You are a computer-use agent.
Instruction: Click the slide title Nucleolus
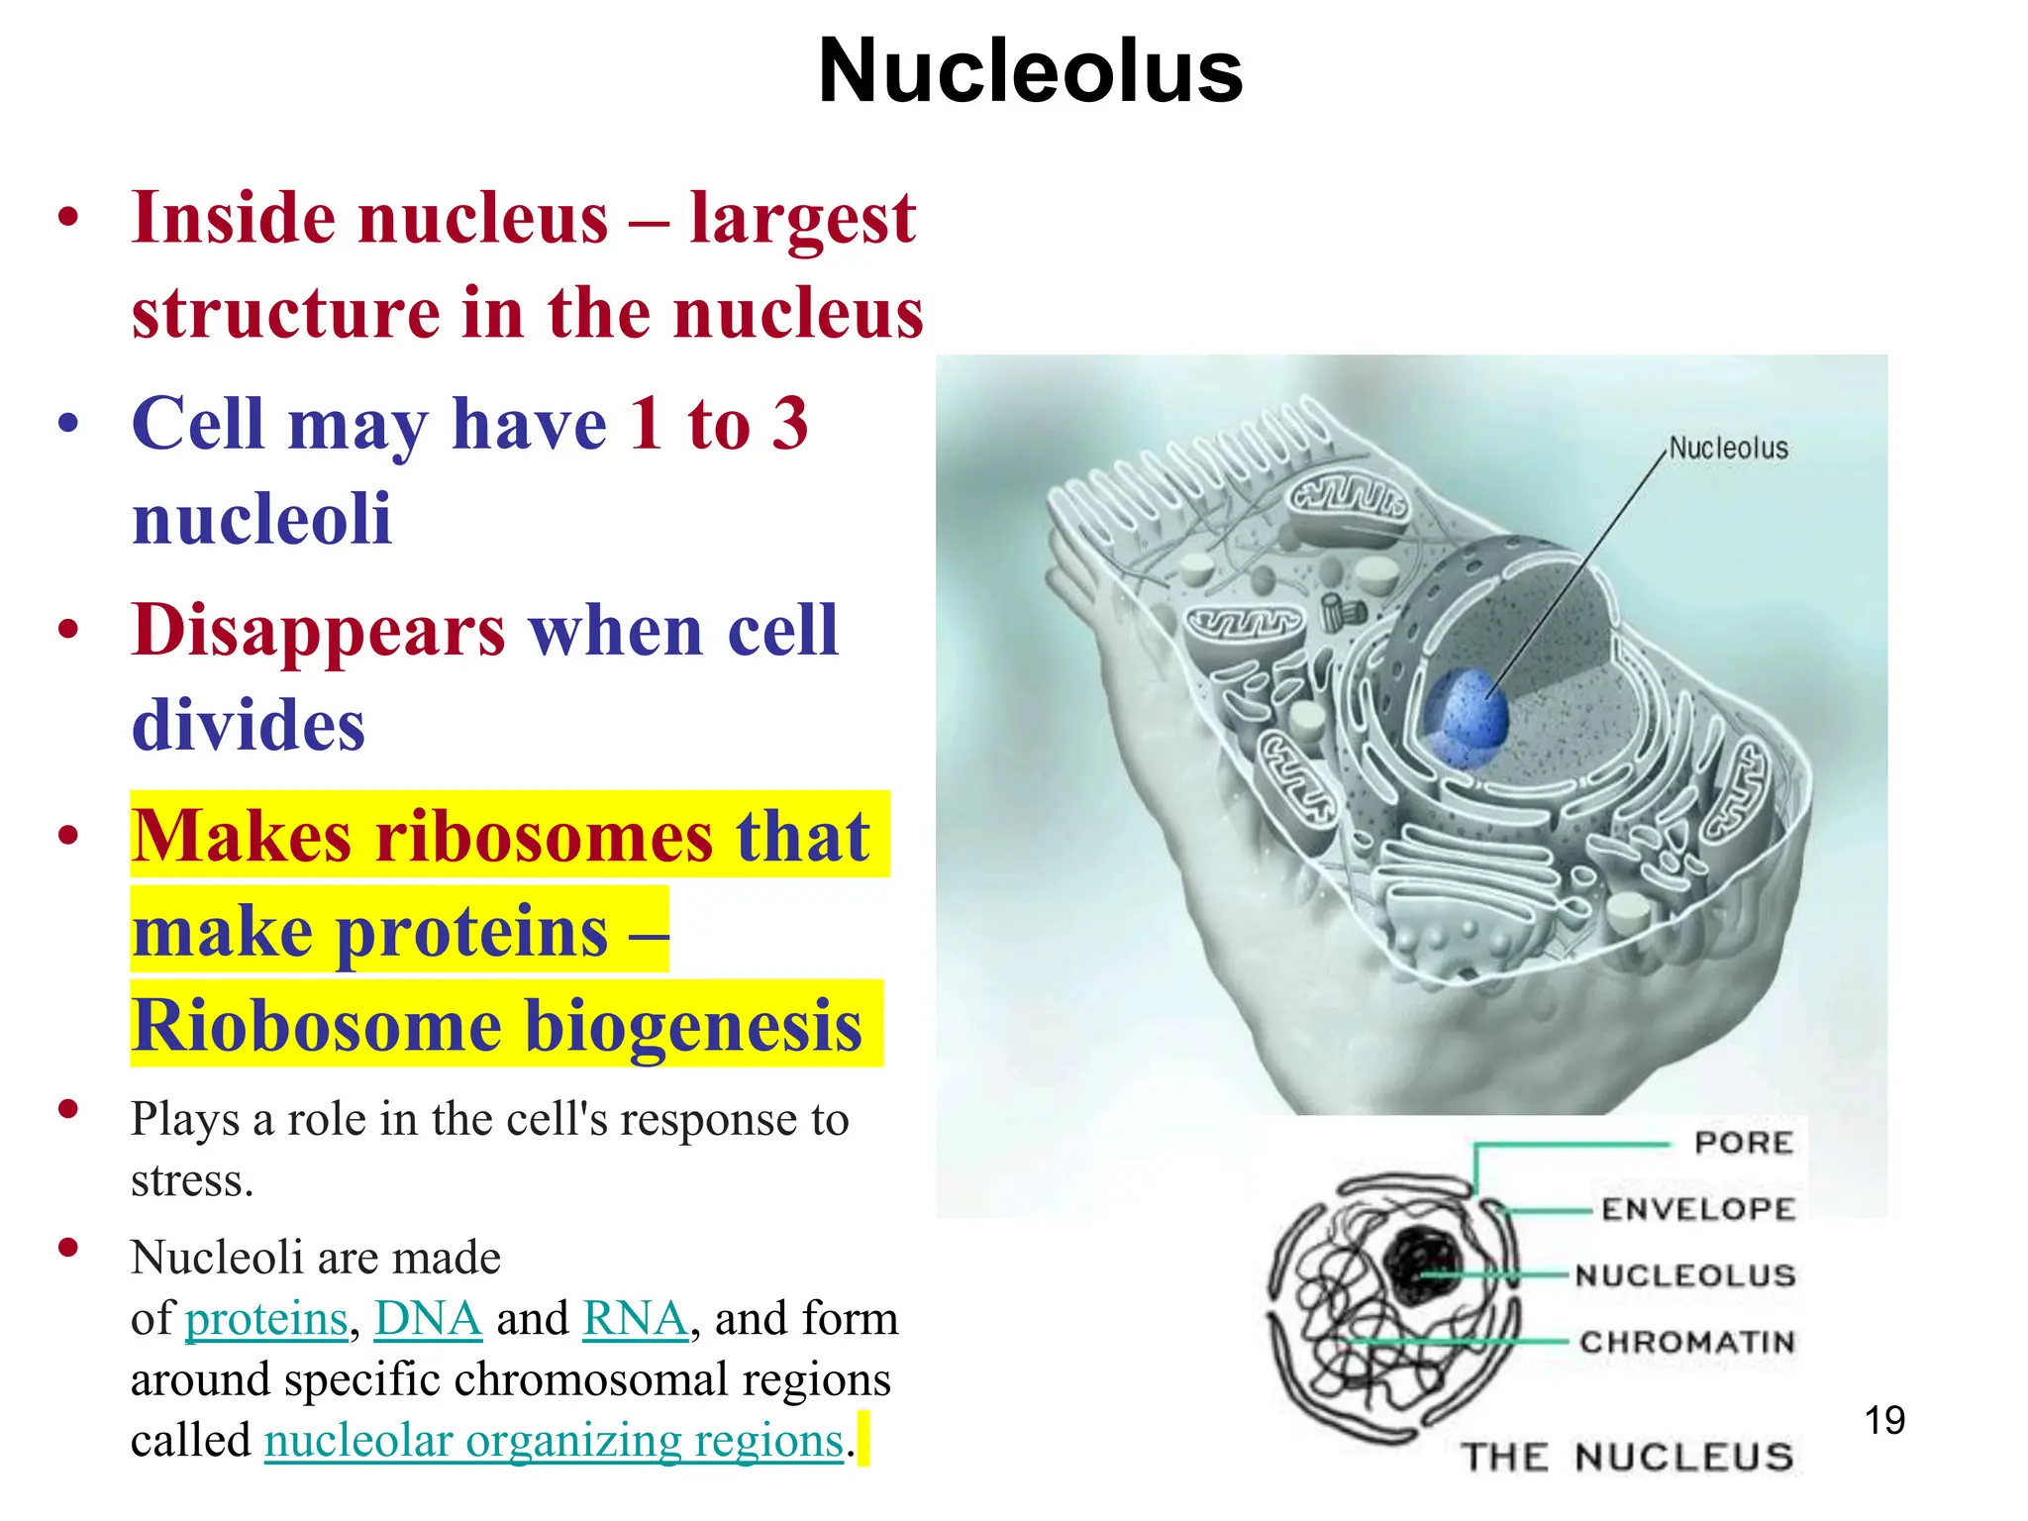coord(1030,71)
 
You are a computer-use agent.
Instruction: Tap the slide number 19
coord(1884,1420)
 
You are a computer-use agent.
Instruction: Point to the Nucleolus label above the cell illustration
coord(1729,449)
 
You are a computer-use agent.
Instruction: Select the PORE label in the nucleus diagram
coord(1744,1143)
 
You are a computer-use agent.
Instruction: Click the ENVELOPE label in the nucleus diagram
coord(1698,1209)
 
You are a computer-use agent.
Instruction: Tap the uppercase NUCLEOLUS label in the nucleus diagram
coord(1685,1275)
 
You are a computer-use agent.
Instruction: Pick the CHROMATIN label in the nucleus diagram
coord(1687,1343)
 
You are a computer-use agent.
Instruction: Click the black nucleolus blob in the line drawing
coord(1422,1264)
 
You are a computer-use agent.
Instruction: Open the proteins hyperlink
coord(266,1319)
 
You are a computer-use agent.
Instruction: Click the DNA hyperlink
coord(428,1319)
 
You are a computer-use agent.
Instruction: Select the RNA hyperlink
coord(635,1319)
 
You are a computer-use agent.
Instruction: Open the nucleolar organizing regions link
coord(554,1441)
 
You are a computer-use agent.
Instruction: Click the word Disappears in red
coord(318,631)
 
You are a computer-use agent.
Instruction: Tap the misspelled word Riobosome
coord(316,1026)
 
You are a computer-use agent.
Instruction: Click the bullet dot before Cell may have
coord(67,423)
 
